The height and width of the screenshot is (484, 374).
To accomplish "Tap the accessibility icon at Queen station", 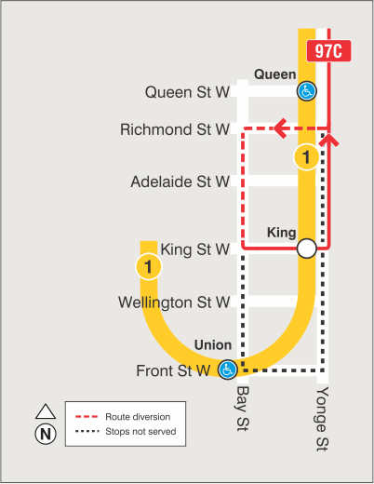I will click(x=305, y=90).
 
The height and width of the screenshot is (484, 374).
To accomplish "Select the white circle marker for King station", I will click(x=306, y=249).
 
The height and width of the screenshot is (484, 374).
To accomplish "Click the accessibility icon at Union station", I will click(x=226, y=370).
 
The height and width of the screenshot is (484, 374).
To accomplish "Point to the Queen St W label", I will click(x=187, y=92).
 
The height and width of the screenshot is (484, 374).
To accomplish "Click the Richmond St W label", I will click(x=175, y=130).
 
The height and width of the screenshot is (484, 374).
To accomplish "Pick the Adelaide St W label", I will click(x=180, y=181).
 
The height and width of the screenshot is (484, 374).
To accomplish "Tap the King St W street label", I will click(x=194, y=249).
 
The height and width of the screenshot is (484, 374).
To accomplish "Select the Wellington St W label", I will click(x=173, y=302).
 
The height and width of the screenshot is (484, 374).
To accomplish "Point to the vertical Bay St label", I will click(x=243, y=410).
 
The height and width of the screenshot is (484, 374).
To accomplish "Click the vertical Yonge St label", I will click(x=322, y=418).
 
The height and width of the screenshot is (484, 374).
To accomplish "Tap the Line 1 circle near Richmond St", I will click(x=306, y=157).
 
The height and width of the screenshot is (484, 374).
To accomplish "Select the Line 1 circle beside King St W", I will click(x=148, y=268).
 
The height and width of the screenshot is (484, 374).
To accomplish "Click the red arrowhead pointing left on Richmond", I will click(x=278, y=128).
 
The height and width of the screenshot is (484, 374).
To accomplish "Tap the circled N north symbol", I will click(x=44, y=434).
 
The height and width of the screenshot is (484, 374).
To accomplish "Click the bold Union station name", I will click(x=213, y=345).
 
